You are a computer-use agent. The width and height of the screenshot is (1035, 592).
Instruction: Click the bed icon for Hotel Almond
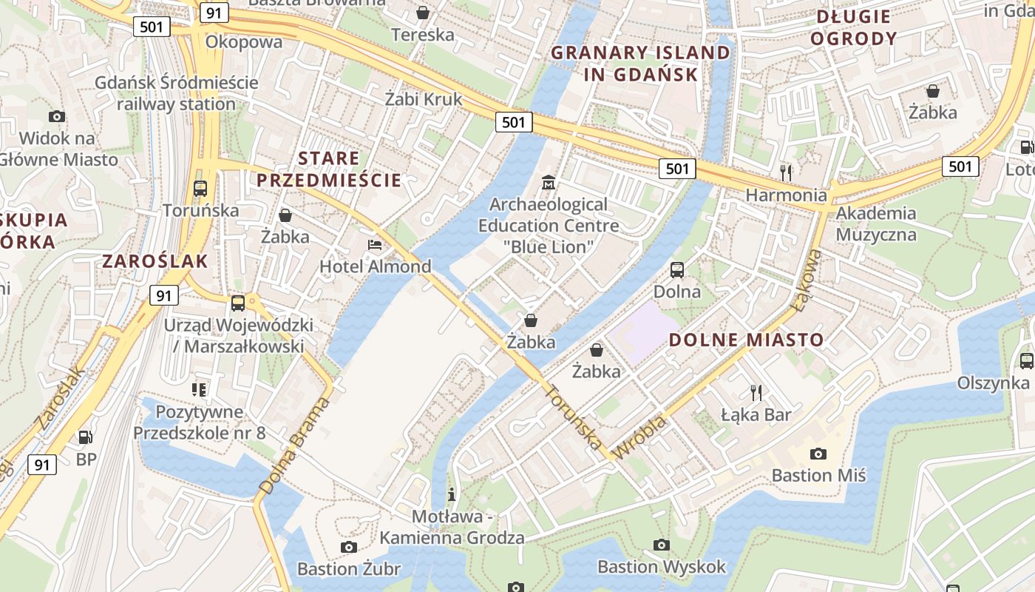tap(375, 245)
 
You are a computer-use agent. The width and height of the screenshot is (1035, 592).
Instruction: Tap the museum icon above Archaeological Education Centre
tap(549, 182)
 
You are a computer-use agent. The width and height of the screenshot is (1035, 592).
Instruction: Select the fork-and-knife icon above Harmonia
tap(786, 173)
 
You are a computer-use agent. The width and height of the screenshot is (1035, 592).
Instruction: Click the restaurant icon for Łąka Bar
tap(756, 392)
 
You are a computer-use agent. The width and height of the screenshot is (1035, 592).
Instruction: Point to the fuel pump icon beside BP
tap(86, 437)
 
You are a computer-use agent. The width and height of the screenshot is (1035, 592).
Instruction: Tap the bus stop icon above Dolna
tap(677, 270)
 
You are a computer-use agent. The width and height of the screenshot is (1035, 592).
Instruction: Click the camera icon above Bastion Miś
tap(818, 454)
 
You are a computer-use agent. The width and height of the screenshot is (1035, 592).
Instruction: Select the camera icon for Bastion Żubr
tap(349, 547)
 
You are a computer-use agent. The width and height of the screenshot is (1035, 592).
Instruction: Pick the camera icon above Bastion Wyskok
tap(662, 545)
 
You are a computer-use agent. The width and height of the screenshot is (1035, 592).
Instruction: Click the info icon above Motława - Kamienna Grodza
tap(452, 494)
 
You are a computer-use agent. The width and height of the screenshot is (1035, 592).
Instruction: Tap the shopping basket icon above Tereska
tap(423, 13)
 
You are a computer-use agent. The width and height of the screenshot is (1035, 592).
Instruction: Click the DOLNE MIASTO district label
tap(746, 340)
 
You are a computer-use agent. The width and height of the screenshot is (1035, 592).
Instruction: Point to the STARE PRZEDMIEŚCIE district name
tap(329, 169)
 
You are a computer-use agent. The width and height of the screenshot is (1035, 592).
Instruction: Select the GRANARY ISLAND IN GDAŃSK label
tap(640, 64)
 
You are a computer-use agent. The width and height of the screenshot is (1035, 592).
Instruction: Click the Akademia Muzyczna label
tap(876, 224)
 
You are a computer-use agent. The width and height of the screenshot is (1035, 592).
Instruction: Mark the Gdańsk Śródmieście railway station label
tap(176, 92)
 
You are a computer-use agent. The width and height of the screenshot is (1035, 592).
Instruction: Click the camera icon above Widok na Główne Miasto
tap(57, 116)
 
